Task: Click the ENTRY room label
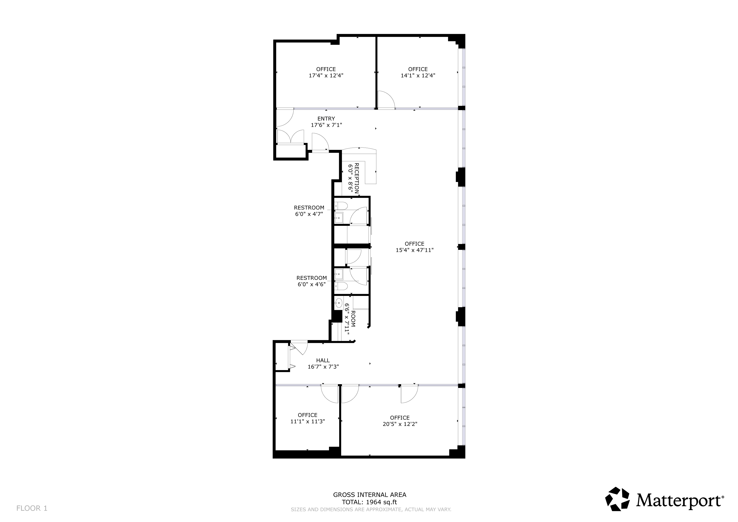pyautogui.click(x=326, y=119)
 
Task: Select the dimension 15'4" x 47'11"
pyautogui.click(x=414, y=250)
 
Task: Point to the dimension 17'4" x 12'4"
pyautogui.click(x=326, y=75)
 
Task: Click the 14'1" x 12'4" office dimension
pyautogui.click(x=418, y=75)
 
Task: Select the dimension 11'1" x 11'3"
pyautogui.click(x=308, y=421)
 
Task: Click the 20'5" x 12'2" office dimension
pyautogui.click(x=400, y=424)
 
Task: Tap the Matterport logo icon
pyautogui.click(x=617, y=499)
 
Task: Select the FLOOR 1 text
pyautogui.click(x=32, y=508)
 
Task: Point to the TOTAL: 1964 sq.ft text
pyautogui.click(x=369, y=502)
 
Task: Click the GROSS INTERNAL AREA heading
pyautogui.click(x=369, y=495)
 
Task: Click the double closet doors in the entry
pyautogui.click(x=290, y=136)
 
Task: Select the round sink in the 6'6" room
pyautogui.click(x=338, y=302)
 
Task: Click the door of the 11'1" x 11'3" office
pyautogui.click(x=330, y=394)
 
